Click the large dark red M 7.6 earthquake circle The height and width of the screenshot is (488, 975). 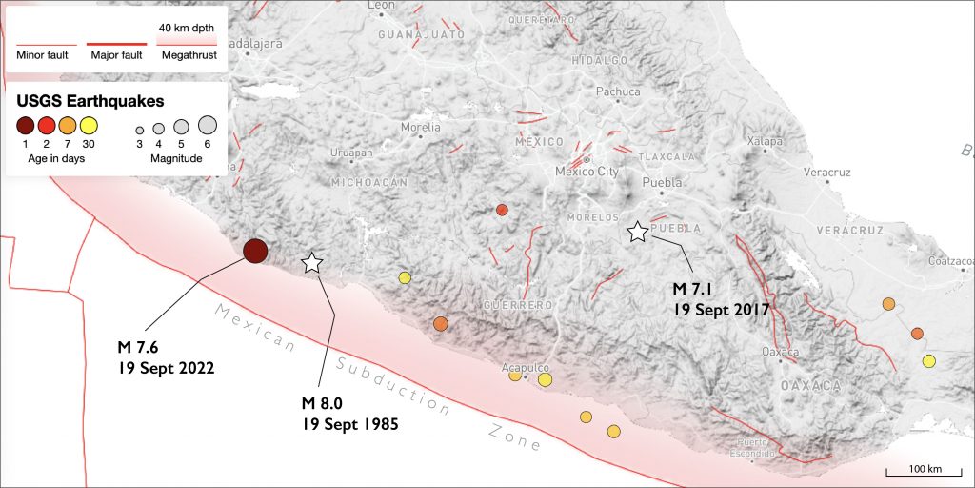(255, 251)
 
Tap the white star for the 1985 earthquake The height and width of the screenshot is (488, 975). (311, 263)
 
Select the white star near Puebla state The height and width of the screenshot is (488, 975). (637, 232)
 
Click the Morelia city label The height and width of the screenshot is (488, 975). (421, 127)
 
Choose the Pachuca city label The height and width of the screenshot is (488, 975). (611, 92)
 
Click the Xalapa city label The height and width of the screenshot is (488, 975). (764, 141)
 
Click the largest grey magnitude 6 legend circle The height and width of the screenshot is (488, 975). (208, 125)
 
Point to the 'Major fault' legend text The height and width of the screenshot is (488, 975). (116, 55)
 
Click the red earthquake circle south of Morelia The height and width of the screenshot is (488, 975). (502, 210)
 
